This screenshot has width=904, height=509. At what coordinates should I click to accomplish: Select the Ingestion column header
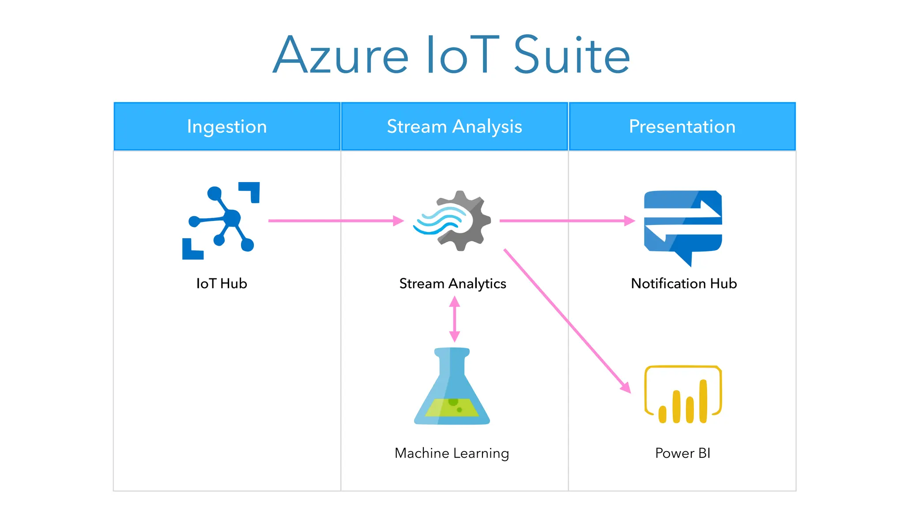point(227,126)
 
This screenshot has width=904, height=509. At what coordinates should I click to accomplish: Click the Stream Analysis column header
point(454,126)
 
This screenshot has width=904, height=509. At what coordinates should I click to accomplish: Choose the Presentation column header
point(682,126)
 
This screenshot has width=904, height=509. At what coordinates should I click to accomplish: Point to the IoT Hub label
point(222,283)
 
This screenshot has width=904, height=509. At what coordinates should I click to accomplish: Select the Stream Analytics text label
point(452,283)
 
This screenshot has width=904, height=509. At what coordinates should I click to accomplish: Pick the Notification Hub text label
point(684,283)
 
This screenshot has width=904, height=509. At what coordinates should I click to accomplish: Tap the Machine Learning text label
point(452,453)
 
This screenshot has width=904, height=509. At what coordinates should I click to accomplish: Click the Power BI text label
point(682,453)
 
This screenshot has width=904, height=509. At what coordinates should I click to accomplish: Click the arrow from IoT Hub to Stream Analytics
point(335,220)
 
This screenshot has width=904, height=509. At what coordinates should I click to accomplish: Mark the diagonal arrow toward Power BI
point(567,321)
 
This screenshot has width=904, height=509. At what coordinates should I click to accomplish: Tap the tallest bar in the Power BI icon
point(703,401)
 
